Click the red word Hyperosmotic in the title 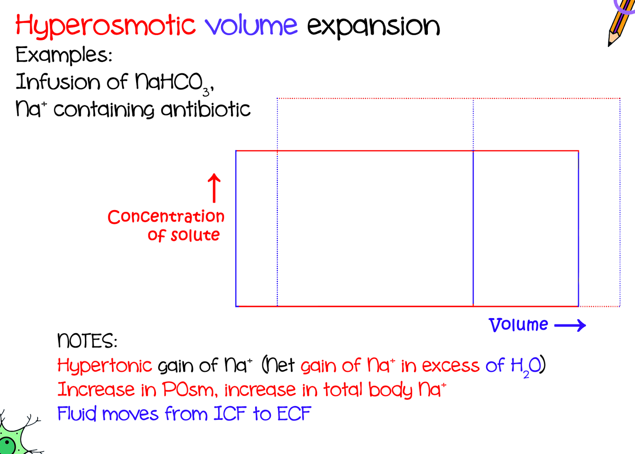(x=105, y=25)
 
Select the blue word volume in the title (x=251, y=25)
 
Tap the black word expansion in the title (x=373, y=26)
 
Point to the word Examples (x=63, y=55)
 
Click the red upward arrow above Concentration (x=214, y=187)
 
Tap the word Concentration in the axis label (x=166, y=216)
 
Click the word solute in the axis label (x=195, y=235)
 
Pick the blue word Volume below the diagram (x=518, y=325)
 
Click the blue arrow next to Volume (x=570, y=325)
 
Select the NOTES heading (x=87, y=341)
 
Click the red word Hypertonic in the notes (x=104, y=365)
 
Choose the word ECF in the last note (x=294, y=413)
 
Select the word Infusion (x=58, y=82)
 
